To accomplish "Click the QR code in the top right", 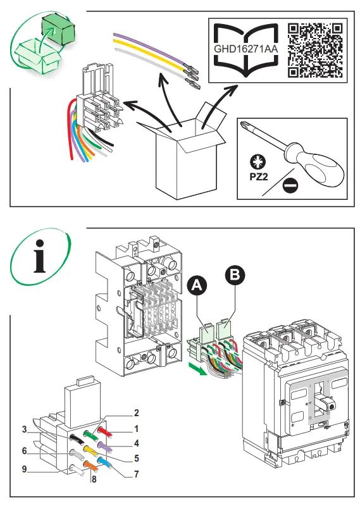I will (315, 49).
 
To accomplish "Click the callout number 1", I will (135, 429).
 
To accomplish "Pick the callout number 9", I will (23, 469).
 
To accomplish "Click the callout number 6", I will (23, 450).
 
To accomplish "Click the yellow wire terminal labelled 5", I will (90, 450).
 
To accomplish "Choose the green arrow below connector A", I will (199, 368).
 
